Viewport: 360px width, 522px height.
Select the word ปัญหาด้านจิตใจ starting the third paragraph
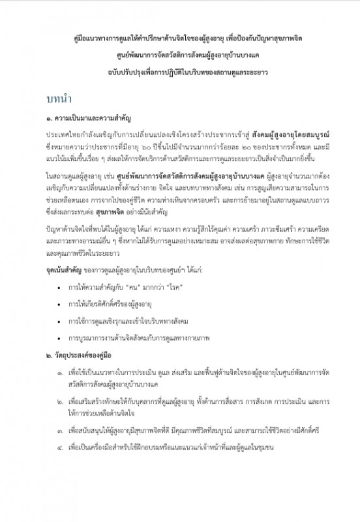pyautogui.click(x=68, y=230)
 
